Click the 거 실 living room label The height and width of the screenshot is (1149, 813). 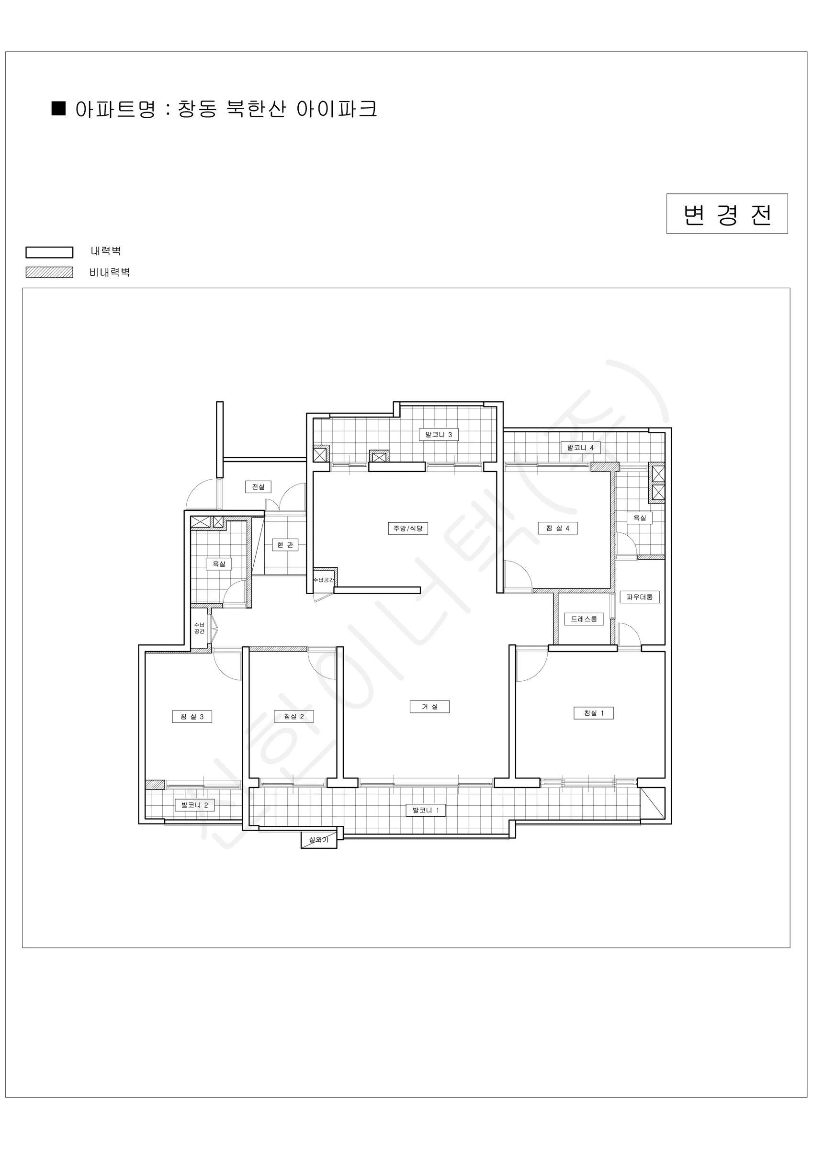[429, 707]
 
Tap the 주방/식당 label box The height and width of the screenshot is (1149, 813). [408, 528]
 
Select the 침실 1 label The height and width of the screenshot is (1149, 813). [593, 713]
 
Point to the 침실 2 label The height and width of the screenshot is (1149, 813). [294, 716]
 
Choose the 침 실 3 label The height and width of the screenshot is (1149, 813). [192, 716]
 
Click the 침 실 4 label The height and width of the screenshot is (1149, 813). [558, 528]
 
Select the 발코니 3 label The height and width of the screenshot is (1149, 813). [439, 434]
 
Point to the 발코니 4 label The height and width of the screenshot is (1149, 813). [580, 447]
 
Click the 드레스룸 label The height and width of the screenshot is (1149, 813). [584, 619]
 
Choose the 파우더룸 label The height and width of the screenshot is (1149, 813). [639, 597]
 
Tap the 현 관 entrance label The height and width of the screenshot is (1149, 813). [285, 544]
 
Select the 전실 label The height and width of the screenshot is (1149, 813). [258, 486]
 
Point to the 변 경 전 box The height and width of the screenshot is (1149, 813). [727, 214]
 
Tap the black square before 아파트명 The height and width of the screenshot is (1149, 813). [59, 109]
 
